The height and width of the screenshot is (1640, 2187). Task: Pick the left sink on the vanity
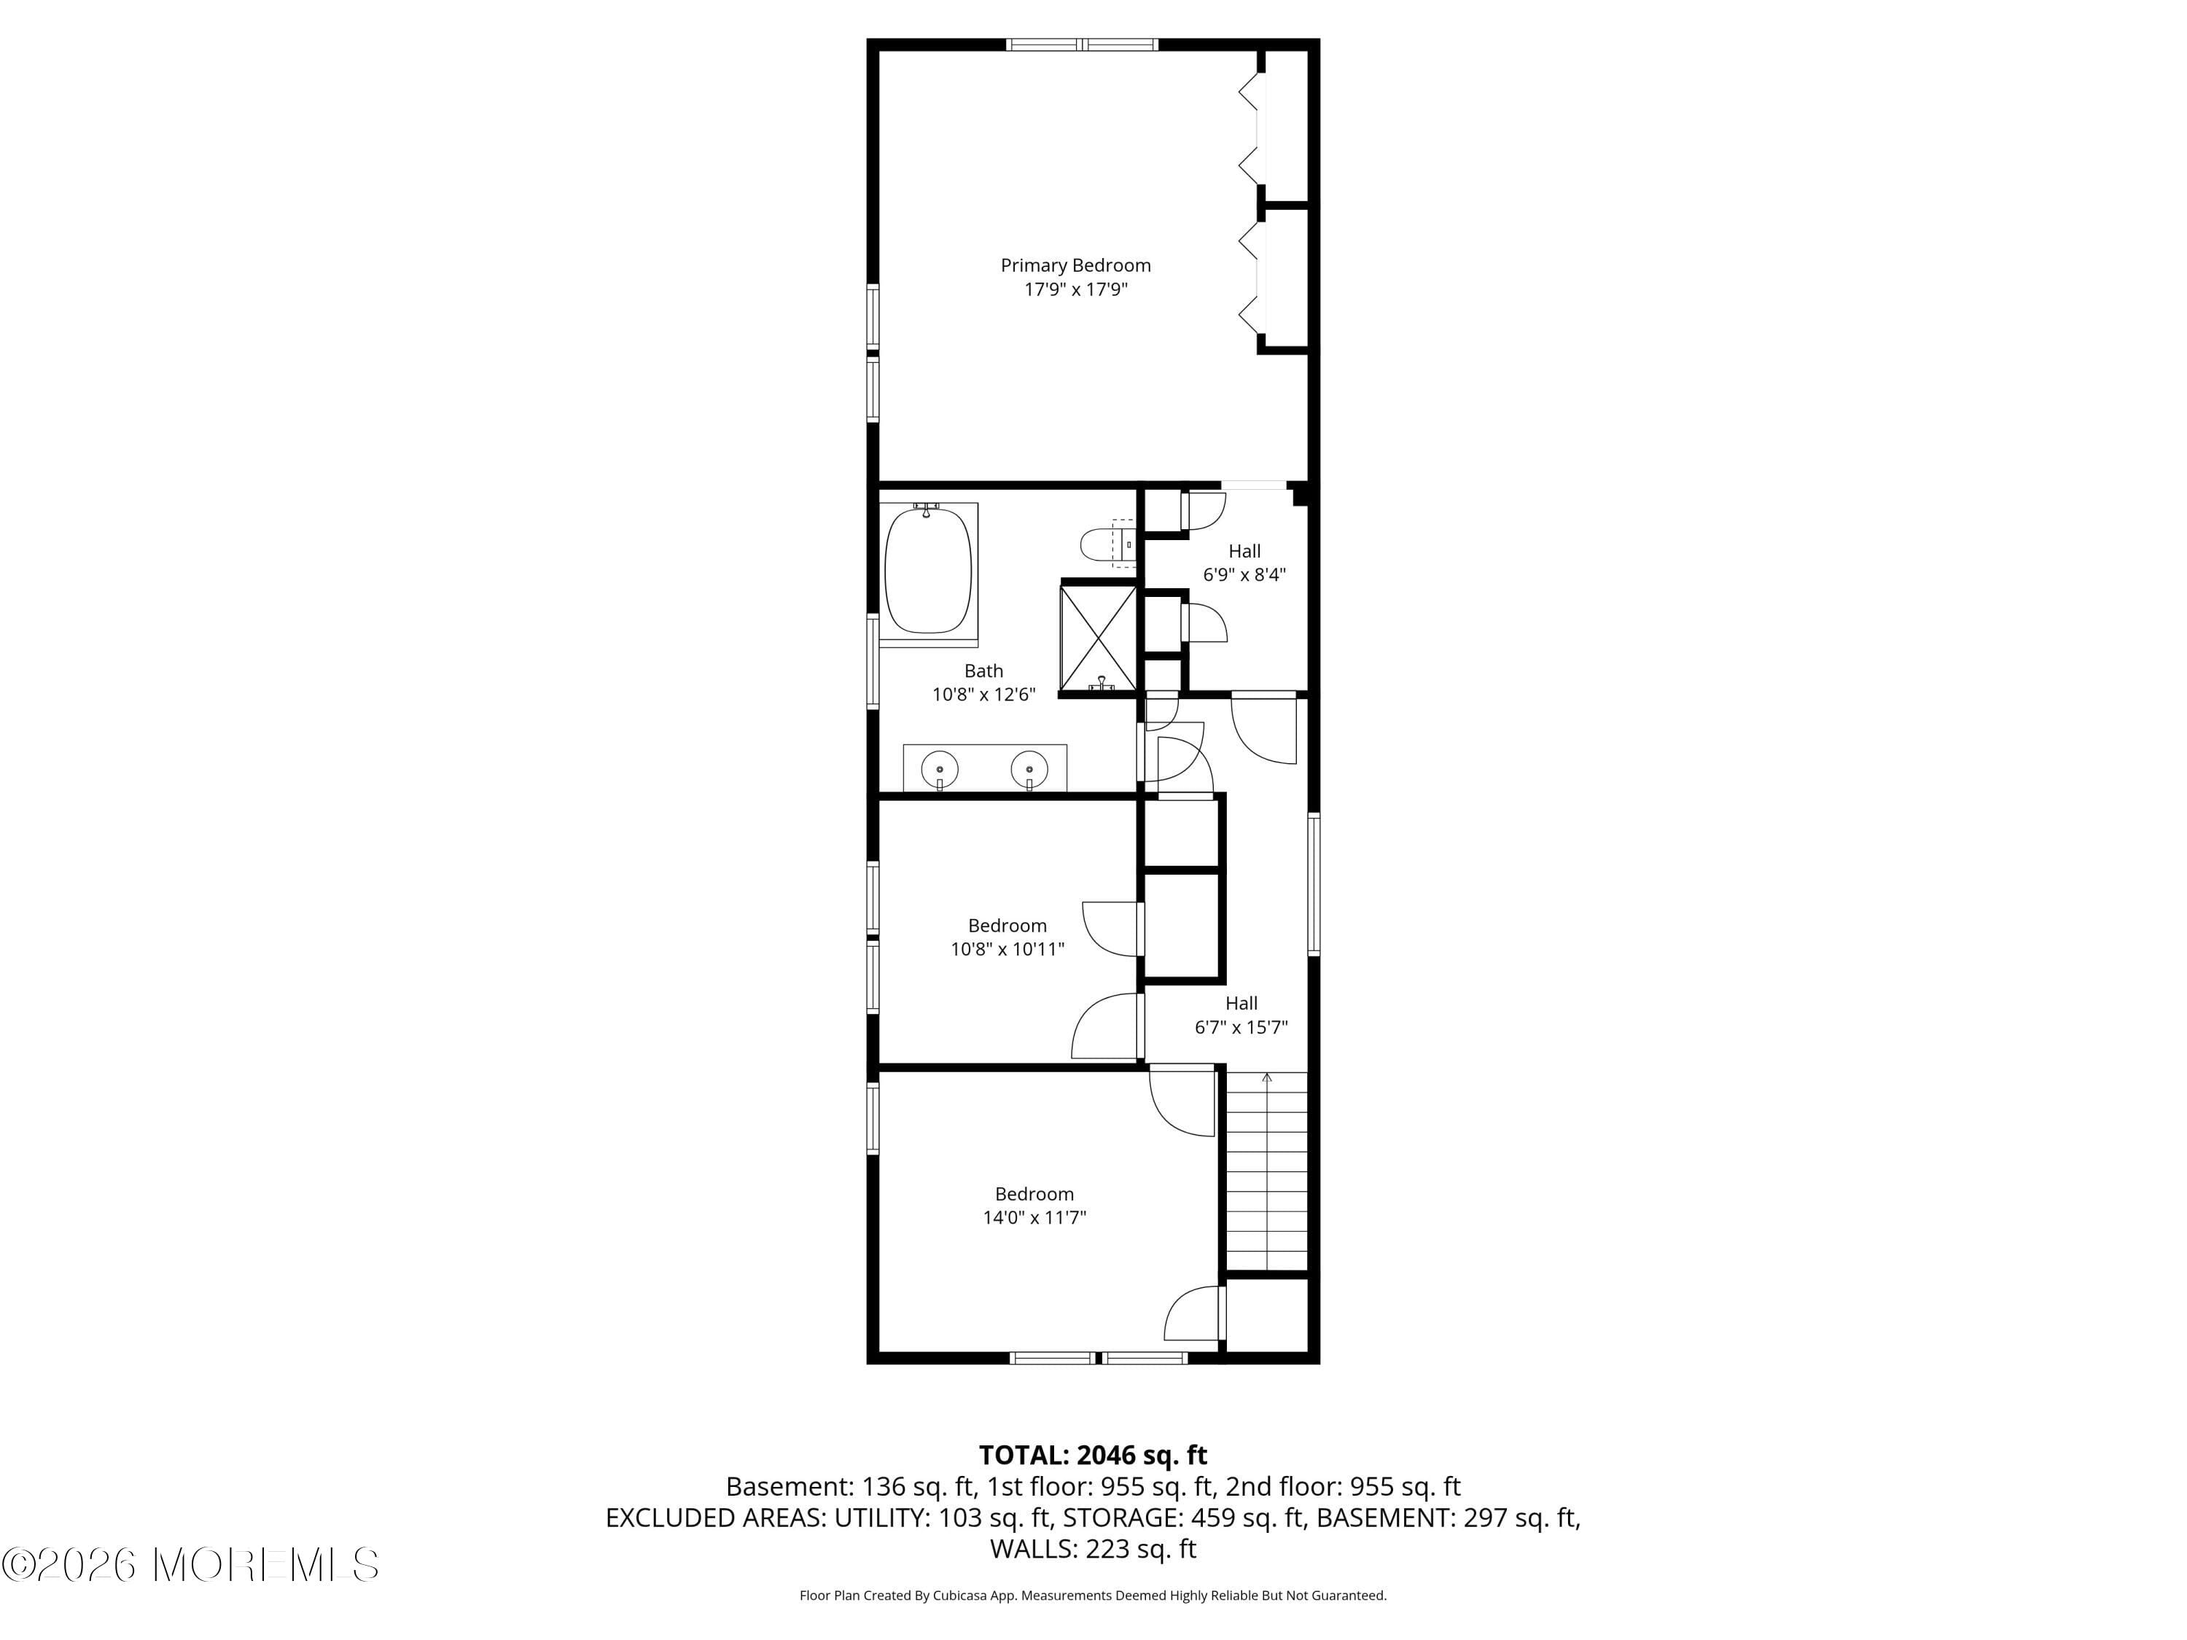pyautogui.click(x=938, y=768)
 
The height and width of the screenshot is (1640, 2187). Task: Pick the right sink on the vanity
pyautogui.click(x=1028, y=768)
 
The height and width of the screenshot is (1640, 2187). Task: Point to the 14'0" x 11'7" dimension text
pyautogui.click(x=1034, y=1218)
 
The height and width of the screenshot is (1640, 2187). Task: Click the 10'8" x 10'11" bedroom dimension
pyautogui.click(x=1007, y=950)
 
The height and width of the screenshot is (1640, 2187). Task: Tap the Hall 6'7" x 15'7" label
pyautogui.click(x=1241, y=1015)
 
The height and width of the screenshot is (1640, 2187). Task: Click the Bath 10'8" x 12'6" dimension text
pyautogui.click(x=983, y=695)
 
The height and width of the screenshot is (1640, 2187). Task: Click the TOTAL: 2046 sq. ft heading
pyautogui.click(x=1093, y=1455)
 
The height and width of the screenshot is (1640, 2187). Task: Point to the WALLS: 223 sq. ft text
pyautogui.click(x=1093, y=1549)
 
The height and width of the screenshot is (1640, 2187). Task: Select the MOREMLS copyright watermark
pyautogui.click(x=190, y=1565)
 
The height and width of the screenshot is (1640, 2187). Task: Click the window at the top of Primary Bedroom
pyautogui.click(x=1082, y=44)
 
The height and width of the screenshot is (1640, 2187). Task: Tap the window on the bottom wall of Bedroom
pyautogui.click(x=1099, y=1358)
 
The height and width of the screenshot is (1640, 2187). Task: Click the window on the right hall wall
pyautogui.click(x=1314, y=883)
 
